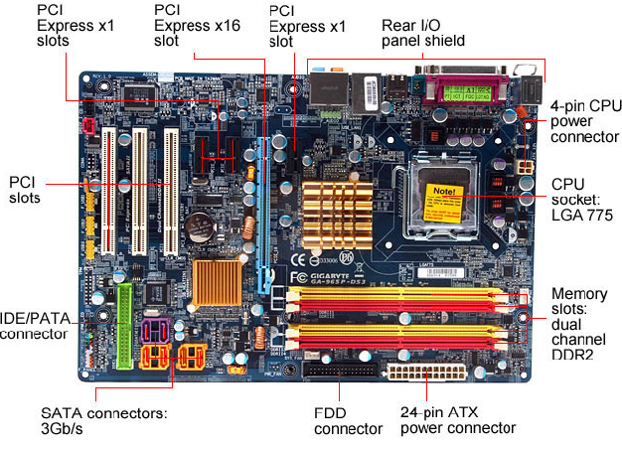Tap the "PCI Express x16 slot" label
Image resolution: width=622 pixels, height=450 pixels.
point(197,25)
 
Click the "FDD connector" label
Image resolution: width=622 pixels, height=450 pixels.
point(348,420)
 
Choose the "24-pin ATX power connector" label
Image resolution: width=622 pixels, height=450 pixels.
point(458,420)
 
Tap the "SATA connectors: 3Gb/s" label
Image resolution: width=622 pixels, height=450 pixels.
point(103,420)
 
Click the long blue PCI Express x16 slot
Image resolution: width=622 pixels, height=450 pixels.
point(263,199)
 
